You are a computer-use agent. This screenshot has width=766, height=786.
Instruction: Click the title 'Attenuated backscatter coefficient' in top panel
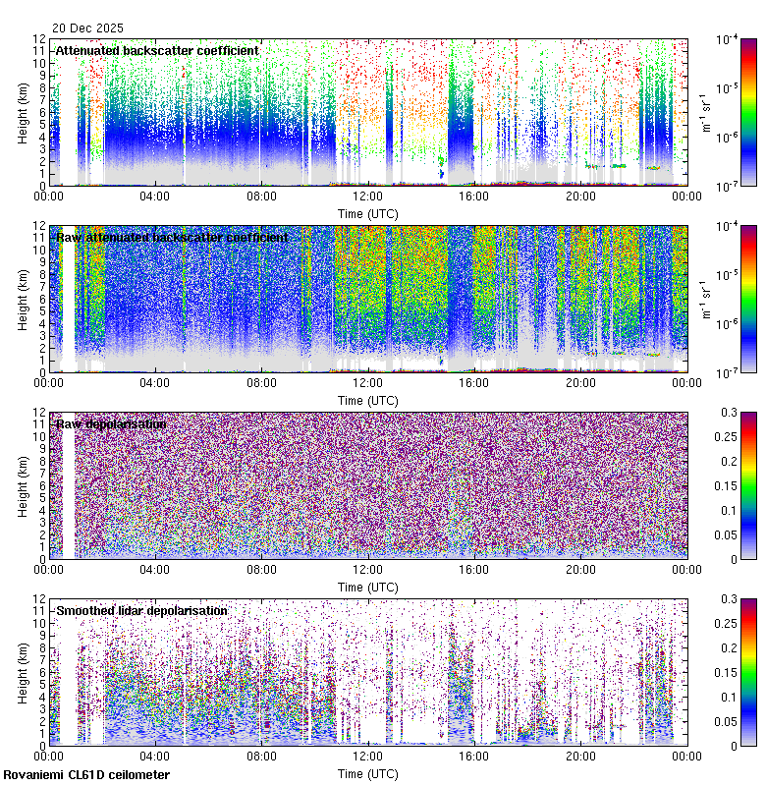click(157, 50)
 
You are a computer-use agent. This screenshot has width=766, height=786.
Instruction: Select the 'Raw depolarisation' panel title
click(111, 423)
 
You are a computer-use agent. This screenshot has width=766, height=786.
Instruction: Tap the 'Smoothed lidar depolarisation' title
click(141, 610)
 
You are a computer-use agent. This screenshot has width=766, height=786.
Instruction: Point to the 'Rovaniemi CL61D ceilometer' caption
click(85, 776)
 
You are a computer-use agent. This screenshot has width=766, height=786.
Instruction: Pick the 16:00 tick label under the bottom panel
click(474, 757)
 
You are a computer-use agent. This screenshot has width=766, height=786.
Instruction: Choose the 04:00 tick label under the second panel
click(155, 383)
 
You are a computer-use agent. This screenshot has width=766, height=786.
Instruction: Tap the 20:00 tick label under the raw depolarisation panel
click(580, 570)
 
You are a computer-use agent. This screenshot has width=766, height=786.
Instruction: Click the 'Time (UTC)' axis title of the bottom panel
click(368, 774)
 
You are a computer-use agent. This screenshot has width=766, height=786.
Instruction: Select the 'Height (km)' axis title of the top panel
click(23, 112)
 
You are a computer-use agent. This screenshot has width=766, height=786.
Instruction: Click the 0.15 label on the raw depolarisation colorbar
click(728, 486)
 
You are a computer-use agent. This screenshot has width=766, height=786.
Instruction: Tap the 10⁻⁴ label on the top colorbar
click(728, 40)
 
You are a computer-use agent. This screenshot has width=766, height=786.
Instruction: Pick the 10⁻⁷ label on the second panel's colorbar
click(728, 373)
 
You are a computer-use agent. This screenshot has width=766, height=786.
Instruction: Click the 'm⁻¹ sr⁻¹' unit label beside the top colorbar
click(704, 112)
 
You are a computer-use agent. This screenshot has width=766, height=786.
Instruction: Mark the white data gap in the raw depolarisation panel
click(68, 486)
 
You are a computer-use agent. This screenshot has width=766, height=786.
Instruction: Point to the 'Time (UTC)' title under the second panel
click(368, 401)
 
